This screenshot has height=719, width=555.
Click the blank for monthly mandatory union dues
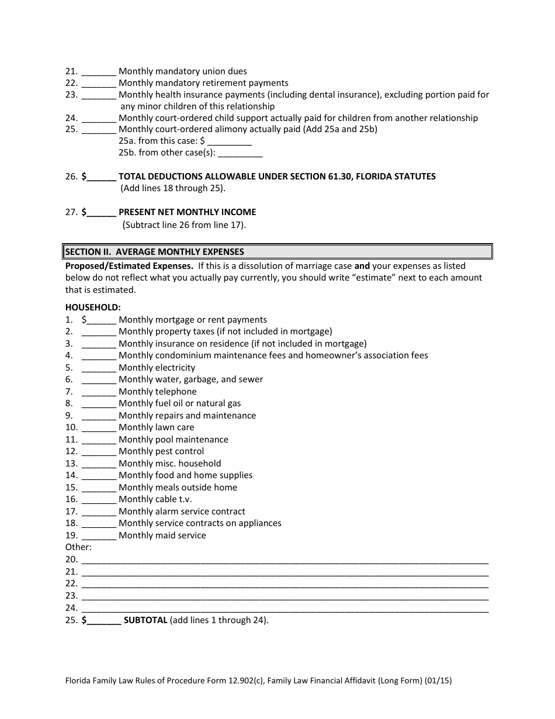click(x=99, y=72)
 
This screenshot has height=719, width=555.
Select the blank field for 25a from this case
click(x=230, y=141)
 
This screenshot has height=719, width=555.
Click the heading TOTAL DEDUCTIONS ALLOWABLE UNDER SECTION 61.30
click(x=277, y=177)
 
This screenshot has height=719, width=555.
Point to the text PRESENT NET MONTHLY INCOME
click(x=187, y=212)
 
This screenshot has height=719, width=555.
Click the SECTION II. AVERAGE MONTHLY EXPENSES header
click(x=154, y=252)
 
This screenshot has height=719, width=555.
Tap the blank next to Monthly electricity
click(x=99, y=368)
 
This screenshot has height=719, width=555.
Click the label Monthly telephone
click(x=157, y=392)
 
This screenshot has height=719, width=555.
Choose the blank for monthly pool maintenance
click(x=99, y=440)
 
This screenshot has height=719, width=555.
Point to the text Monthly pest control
click(x=161, y=451)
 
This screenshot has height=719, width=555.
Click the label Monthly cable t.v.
click(x=155, y=499)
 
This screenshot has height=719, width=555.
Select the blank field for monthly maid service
click(x=99, y=536)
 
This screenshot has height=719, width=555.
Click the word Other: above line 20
click(x=78, y=547)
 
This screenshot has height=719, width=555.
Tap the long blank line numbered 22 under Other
click(x=285, y=584)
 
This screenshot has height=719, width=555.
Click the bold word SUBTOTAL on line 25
click(x=145, y=620)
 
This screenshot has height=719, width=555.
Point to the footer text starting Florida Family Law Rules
click(x=258, y=680)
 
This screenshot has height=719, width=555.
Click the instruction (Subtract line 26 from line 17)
click(x=184, y=224)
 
